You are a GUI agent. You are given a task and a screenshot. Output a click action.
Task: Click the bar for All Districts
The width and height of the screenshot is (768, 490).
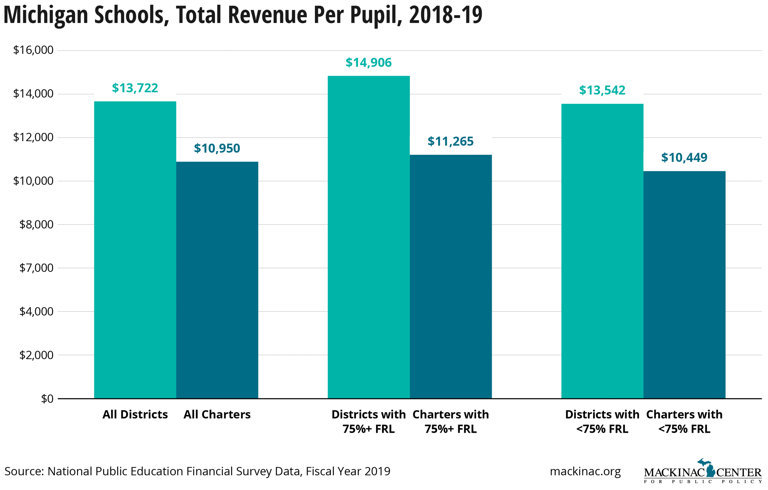(x=135, y=250)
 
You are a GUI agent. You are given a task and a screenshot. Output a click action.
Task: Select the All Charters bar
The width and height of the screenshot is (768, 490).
(x=217, y=280)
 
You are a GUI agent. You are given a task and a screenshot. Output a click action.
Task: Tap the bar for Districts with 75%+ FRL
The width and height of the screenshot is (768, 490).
(x=368, y=237)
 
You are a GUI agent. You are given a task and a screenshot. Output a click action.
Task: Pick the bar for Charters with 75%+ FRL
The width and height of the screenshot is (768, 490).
(x=451, y=277)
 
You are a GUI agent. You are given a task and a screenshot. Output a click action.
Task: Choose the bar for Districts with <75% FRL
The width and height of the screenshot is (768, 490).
(x=602, y=251)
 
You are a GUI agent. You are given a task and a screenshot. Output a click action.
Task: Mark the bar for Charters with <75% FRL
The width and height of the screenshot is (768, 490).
(x=684, y=285)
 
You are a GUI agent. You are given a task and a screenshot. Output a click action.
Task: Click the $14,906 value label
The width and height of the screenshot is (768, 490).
(x=368, y=63)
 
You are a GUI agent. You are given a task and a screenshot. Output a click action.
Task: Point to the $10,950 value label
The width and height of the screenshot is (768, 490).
(x=217, y=149)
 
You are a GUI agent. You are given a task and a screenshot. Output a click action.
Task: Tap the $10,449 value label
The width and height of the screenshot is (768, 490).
(x=684, y=158)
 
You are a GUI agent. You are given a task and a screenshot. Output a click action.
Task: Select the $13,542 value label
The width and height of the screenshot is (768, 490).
(x=602, y=91)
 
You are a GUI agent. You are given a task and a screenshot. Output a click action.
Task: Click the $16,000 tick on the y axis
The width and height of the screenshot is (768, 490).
(x=33, y=50)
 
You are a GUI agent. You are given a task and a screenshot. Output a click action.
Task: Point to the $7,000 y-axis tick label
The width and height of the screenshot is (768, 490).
(x=36, y=268)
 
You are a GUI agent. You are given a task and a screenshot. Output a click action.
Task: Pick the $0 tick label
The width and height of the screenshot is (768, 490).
(x=47, y=399)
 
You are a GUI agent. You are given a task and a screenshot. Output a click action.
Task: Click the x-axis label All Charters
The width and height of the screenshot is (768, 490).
(x=217, y=415)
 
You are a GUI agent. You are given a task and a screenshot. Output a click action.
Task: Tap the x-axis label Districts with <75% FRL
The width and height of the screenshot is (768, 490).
(x=602, y=422)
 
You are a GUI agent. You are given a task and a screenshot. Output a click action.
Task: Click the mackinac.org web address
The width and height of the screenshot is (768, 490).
(x=585, y=471)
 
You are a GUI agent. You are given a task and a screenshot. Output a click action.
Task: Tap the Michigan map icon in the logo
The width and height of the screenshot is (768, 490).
(x=710, y=468)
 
